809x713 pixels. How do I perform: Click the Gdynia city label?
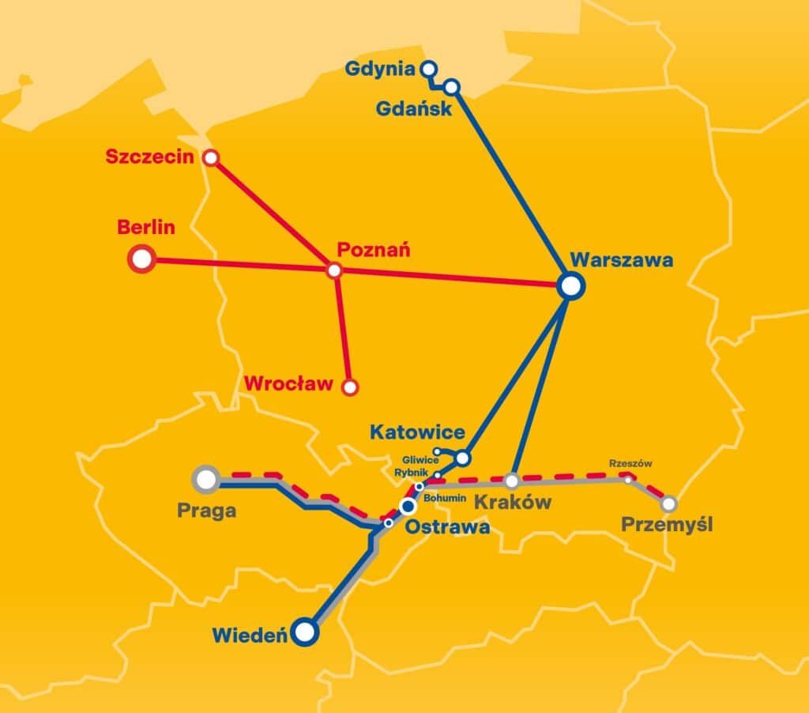point(379,70)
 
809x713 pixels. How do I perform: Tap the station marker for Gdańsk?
point(452,86)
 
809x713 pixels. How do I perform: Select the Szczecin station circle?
point(210,157)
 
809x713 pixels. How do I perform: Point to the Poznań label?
point(373,250)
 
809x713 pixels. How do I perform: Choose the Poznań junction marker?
point(334,271)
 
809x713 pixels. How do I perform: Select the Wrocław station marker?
point(350,387)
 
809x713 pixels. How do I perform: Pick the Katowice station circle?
point(463,458)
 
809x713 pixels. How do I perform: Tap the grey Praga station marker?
point(206,478)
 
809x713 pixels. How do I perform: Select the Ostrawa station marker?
point(408,506)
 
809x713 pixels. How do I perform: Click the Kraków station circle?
point(512,480)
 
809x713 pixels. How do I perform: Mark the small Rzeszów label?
point(630,464)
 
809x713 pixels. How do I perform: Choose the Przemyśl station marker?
point(668,503)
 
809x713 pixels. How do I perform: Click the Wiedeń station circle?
point(305,632)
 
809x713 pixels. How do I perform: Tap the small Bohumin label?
point(445,499)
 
